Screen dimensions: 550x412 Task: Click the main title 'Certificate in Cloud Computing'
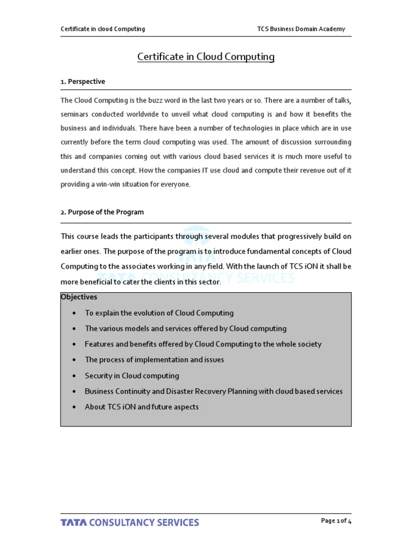[x=206, y=56]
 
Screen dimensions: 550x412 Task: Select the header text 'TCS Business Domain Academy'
[x=301, y=29]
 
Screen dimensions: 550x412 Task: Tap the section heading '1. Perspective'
[x=83, y=82]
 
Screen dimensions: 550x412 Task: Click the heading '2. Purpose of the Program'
[x=102, y=212]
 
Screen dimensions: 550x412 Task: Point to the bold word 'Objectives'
[x=79, y=297]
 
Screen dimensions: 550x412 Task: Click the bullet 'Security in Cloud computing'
[x=132, y=376]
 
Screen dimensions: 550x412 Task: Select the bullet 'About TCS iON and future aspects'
[x=142, y=407]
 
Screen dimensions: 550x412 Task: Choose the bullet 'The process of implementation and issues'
[x=154, y=360]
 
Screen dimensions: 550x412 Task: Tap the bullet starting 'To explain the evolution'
[x=159, y=313]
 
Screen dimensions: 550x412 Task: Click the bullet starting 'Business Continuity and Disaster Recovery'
[x=214, y=392]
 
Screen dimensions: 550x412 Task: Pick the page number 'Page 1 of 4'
[x=336, y=521]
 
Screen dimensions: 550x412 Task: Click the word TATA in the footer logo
[x=73, y=523]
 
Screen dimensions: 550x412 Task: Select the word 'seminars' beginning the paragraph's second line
[x=75, y=114]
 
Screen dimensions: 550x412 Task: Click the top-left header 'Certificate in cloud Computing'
[x=102, y=29]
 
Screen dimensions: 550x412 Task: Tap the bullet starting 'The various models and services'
[x=186, y=329]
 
